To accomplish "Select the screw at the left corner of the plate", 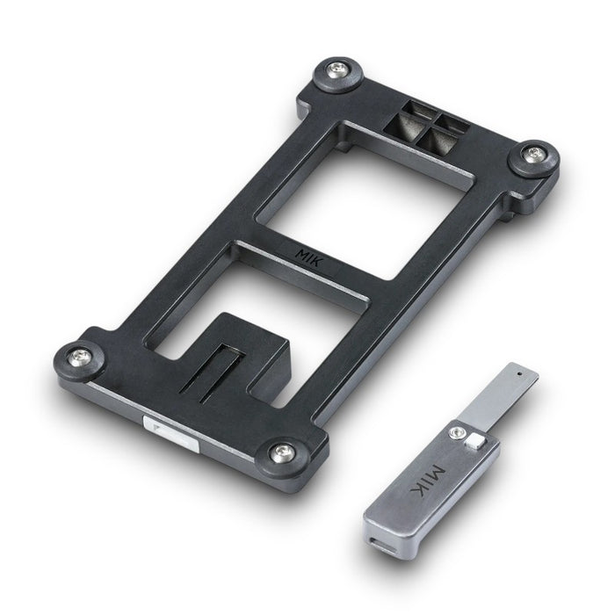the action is pyautogui.click(x=79, y=357).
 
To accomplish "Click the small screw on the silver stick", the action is pyautogui.click(x=455, y=432).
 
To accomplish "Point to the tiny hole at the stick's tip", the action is pyautogui.click(x=520, y=373).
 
